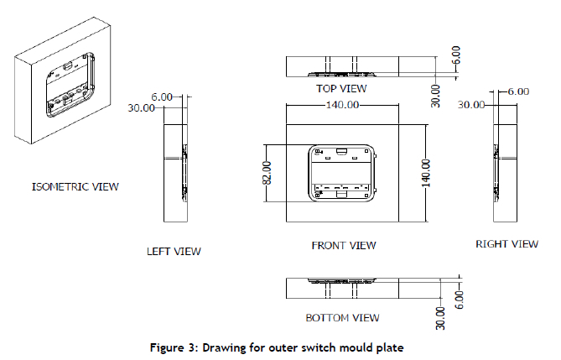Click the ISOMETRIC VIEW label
coord(75,186)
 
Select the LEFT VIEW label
coord(174,251)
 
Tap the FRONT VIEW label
coord(344,246)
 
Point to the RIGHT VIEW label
coord(506,244)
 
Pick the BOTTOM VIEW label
coord(342,318)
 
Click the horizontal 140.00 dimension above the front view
coord(341,106)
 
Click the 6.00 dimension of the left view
coord(163,97)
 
